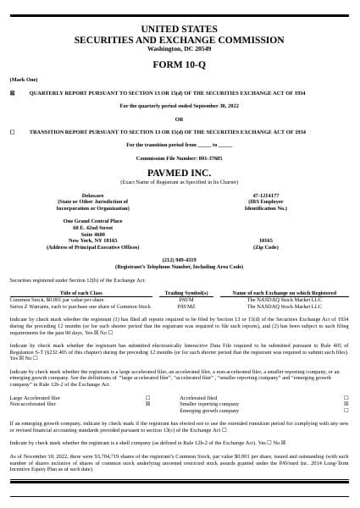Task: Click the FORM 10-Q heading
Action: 179,64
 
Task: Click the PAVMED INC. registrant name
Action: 179,173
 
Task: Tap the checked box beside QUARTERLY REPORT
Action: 12,92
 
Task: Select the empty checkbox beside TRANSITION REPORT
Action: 12,132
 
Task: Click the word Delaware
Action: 92,196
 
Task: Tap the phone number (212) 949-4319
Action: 179,260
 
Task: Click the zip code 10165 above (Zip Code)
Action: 265,240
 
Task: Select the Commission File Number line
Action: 179,158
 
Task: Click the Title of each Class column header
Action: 81,293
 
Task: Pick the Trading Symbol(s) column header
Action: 186,293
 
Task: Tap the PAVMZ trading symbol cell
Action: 186,306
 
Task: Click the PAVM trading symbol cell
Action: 186,300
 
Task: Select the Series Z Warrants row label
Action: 80,306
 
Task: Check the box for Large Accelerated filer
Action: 147,397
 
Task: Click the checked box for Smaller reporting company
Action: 346,404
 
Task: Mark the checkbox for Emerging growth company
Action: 346,411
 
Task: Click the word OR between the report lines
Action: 179,119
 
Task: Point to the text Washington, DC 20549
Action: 179,49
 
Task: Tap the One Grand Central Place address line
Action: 92,221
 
